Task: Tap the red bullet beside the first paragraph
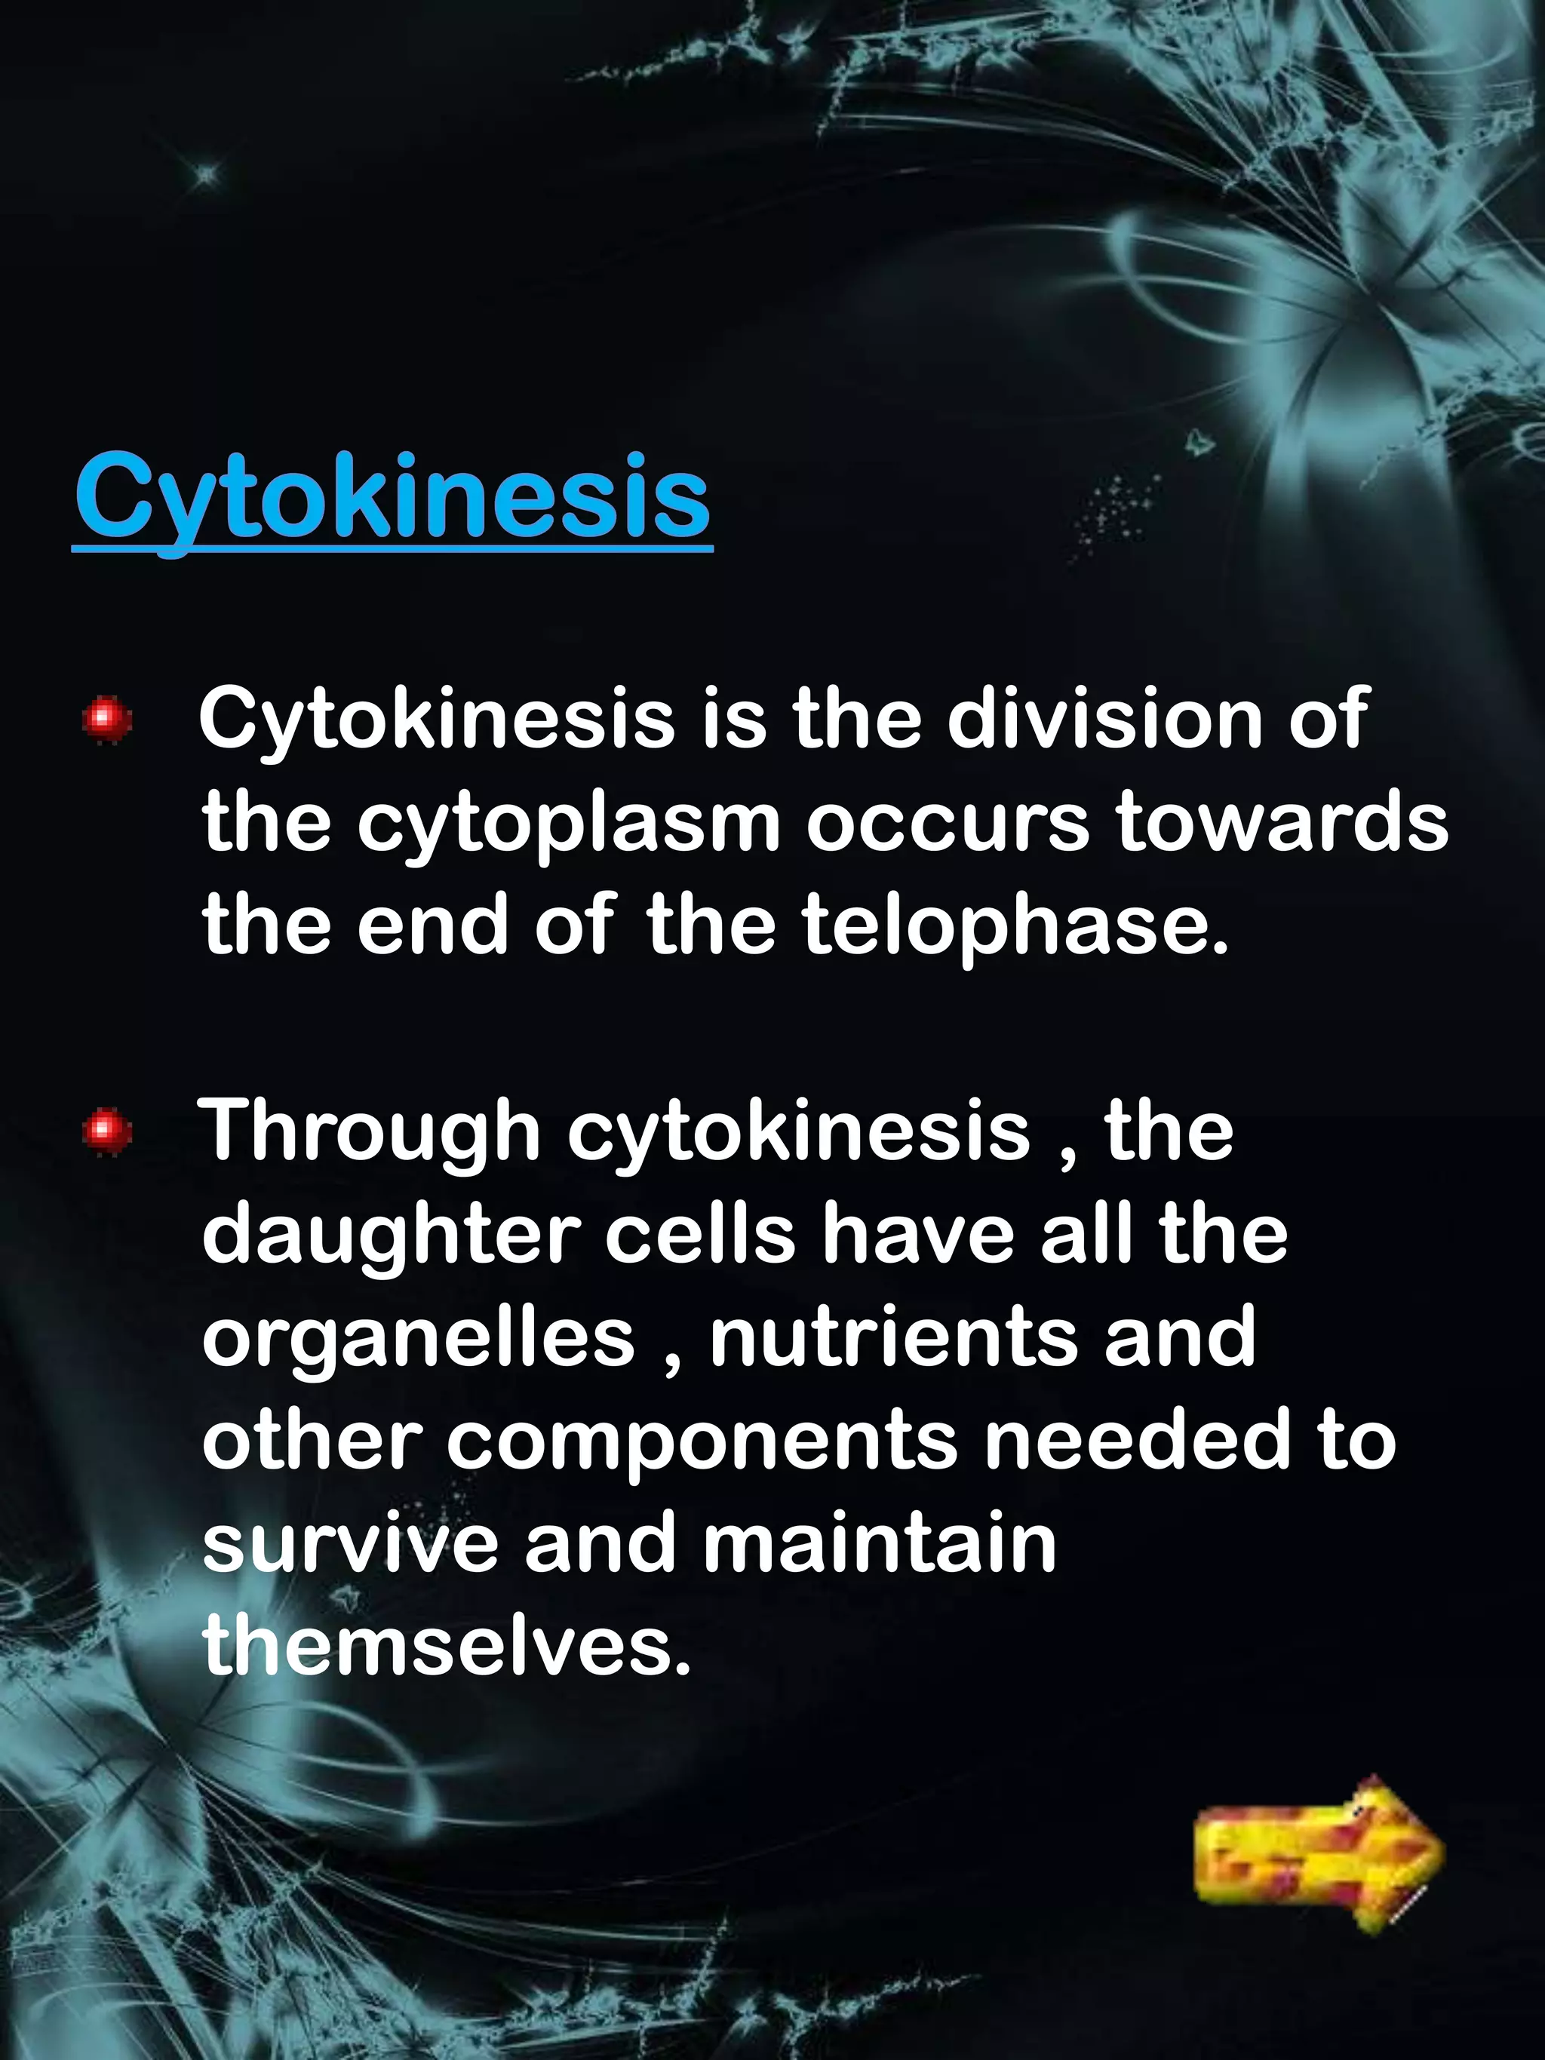tap(106, 719)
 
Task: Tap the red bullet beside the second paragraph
tap(106, 1131)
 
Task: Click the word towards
tap(1282, 821)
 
